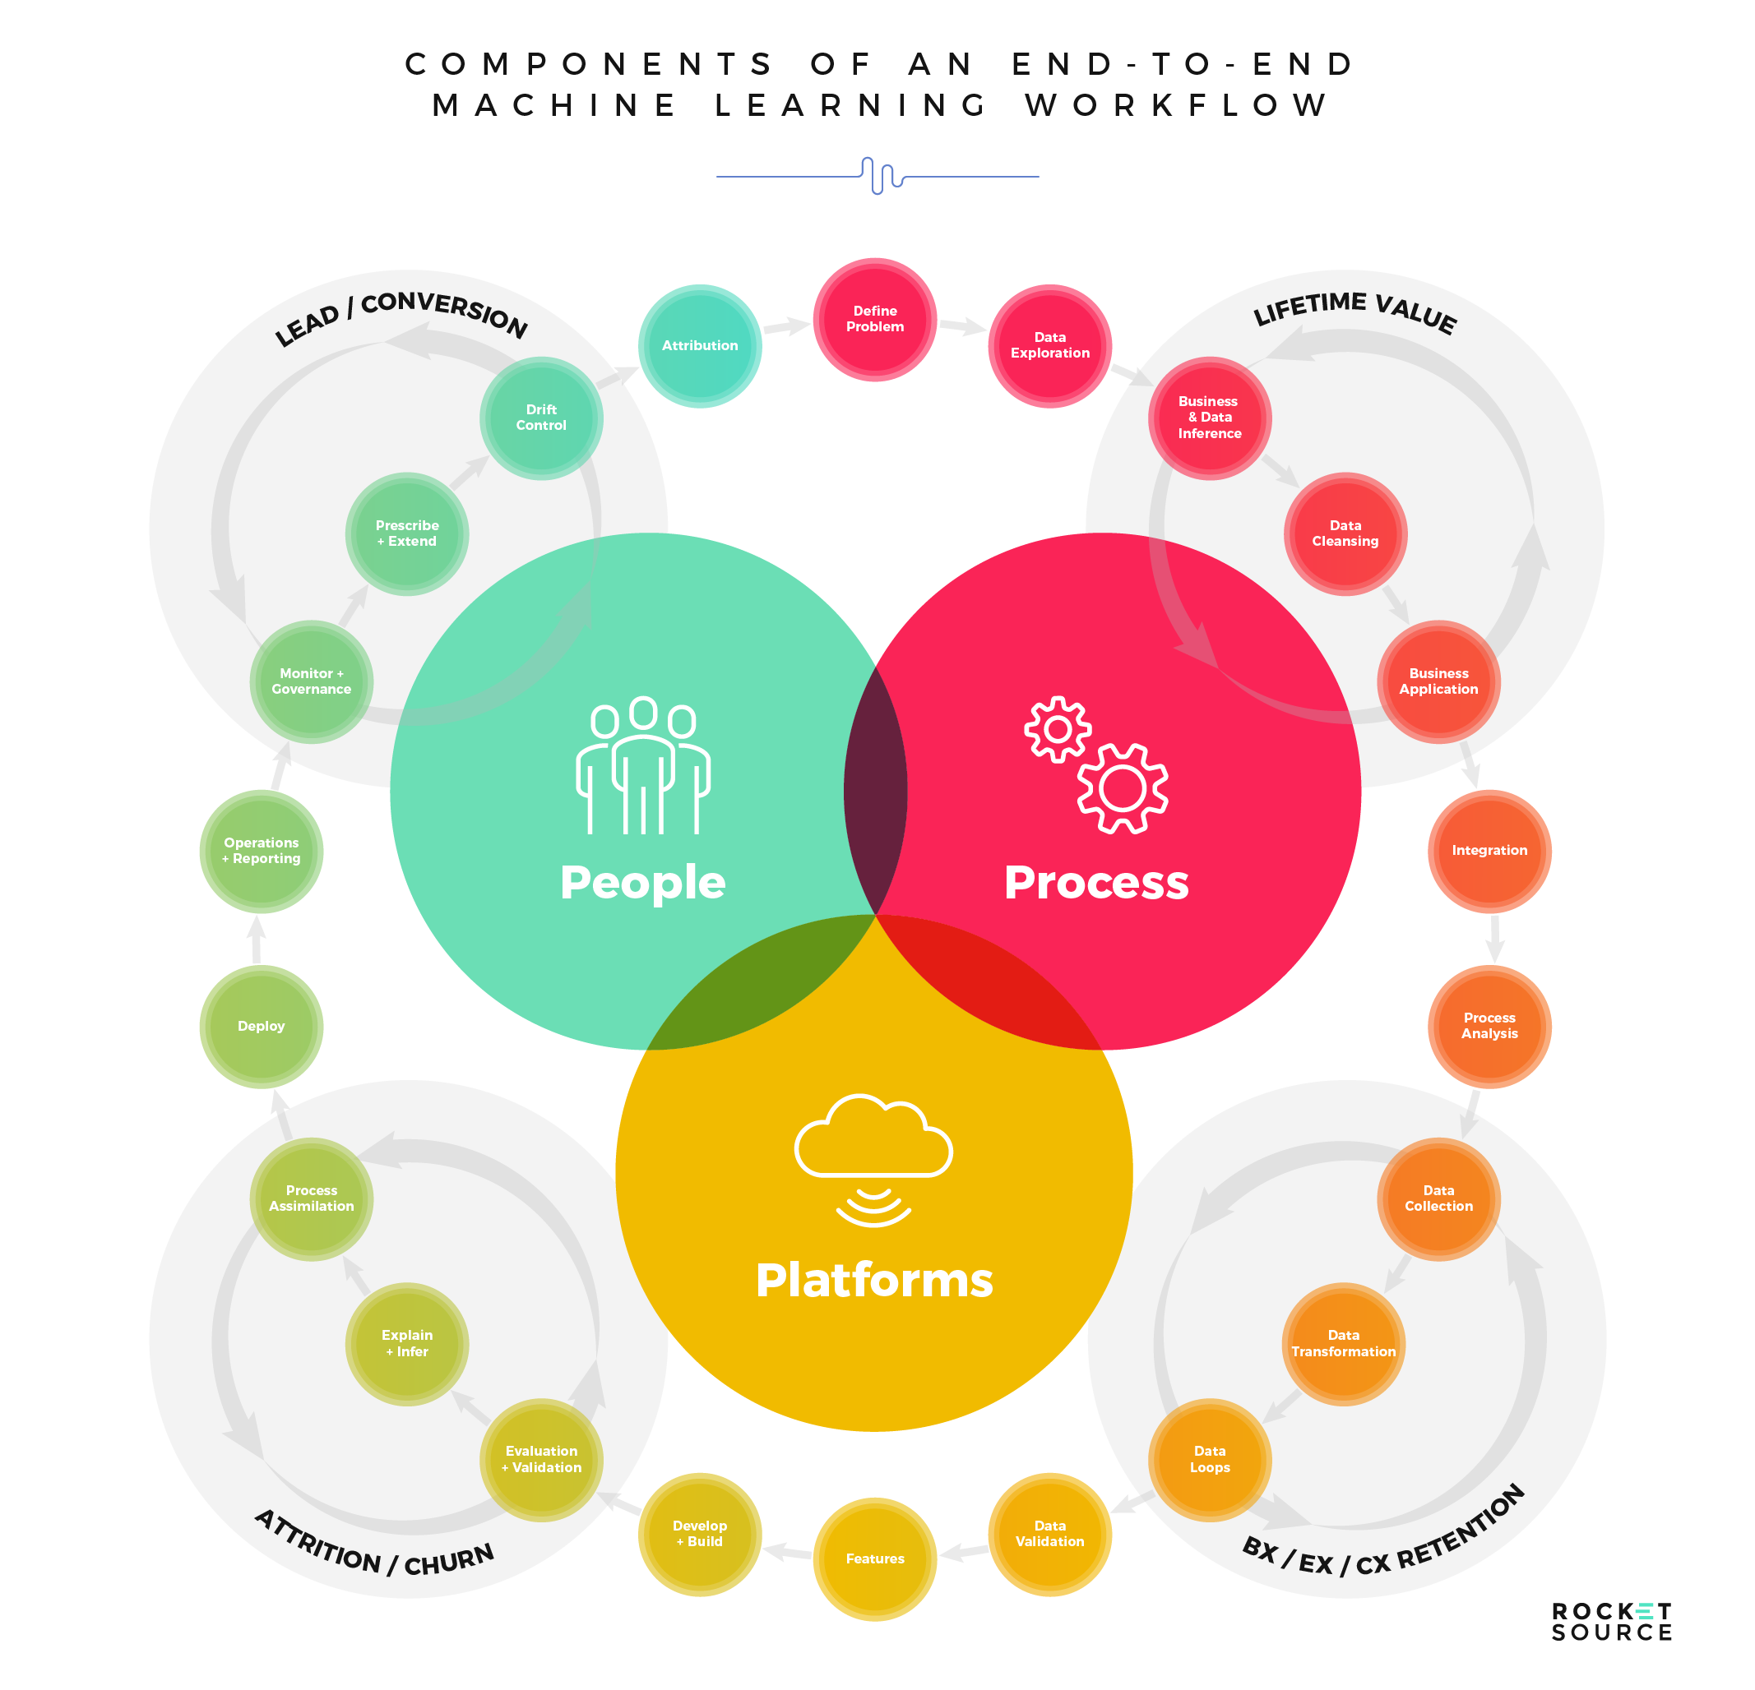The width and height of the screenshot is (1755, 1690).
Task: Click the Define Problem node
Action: click(875, 320)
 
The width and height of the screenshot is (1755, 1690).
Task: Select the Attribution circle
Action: click(699, 345)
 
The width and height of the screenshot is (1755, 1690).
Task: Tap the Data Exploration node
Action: click(1049, 345)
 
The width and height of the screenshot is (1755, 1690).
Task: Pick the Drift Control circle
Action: click(541, 418)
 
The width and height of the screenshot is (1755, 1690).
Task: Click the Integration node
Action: click(1489, 851)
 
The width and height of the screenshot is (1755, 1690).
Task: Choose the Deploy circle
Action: click(261, 1026)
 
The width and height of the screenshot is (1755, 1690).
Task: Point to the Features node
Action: click(875, 1558)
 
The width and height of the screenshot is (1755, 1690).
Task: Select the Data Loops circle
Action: click(1210, 1459)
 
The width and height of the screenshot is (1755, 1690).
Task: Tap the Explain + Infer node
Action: click(406, 1344)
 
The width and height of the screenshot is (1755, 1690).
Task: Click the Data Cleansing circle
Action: click(1345, 533)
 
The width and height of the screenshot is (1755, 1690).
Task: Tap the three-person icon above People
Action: click(643, 765)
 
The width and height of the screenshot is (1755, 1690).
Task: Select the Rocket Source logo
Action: click(1611, 1622)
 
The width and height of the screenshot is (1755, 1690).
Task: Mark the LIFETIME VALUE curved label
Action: click(1354, 311)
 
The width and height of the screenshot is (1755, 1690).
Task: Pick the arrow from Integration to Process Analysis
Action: click(1493, 938)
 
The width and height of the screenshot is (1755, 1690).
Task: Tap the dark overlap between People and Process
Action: click(875, 792)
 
